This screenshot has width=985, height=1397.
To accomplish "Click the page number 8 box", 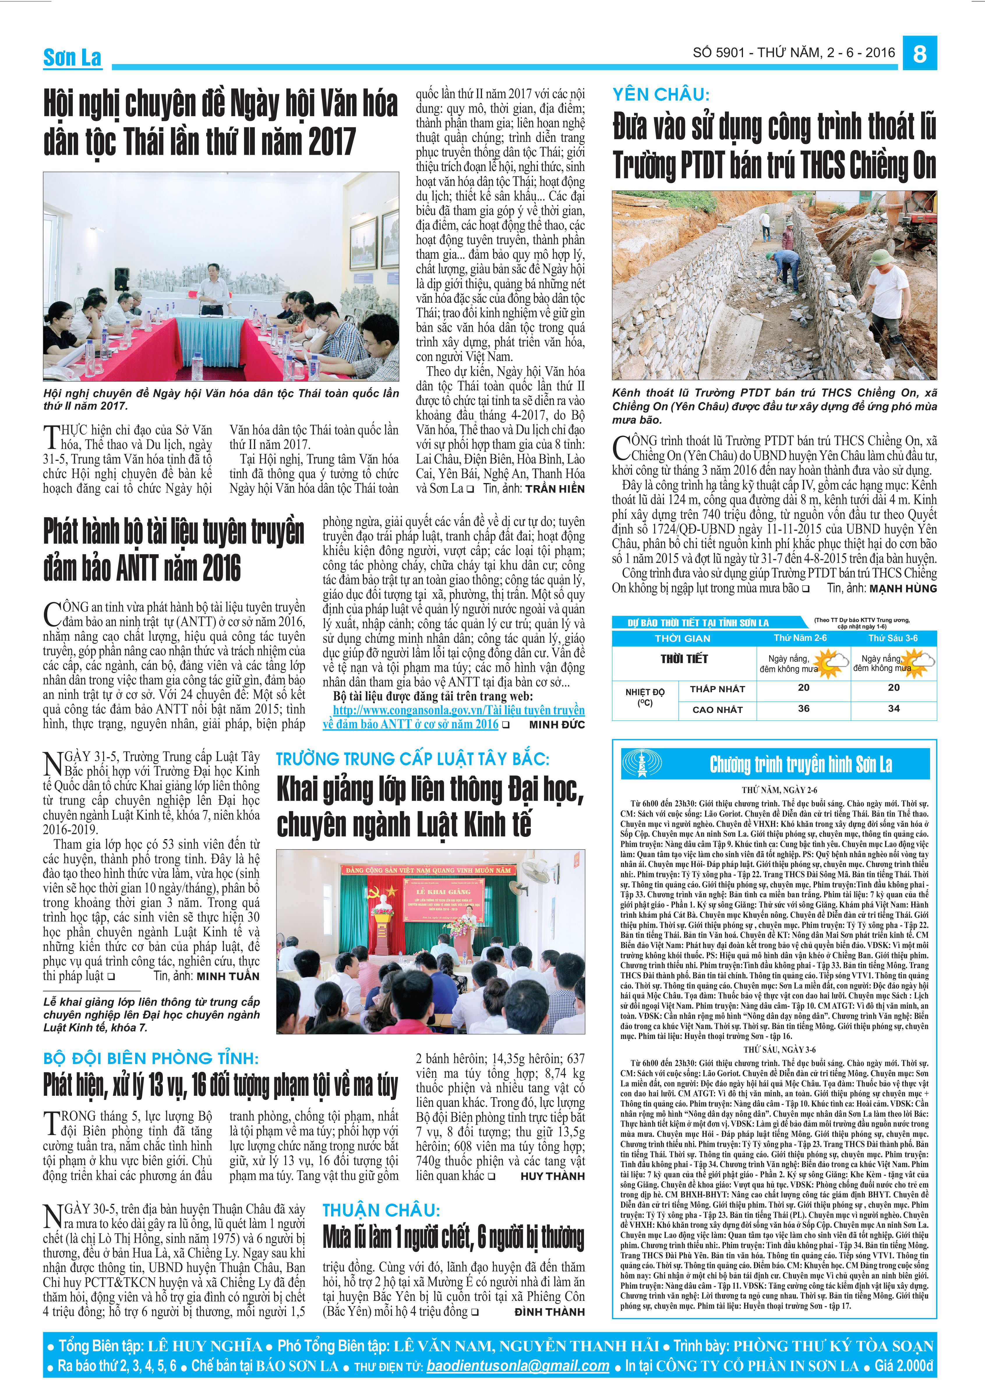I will (x=919, y=54).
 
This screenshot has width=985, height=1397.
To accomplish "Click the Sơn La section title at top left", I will (x=72, y=58).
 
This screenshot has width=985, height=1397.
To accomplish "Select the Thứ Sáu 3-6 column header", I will (x=892, y=638).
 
